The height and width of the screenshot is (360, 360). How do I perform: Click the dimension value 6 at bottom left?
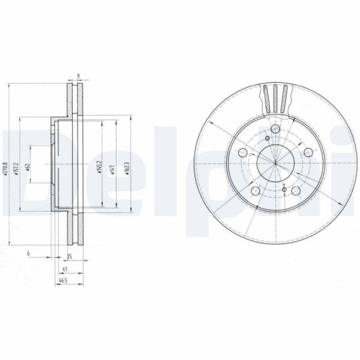tap(27, 254)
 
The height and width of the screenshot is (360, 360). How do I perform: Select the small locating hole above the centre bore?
tap(268, 139)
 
